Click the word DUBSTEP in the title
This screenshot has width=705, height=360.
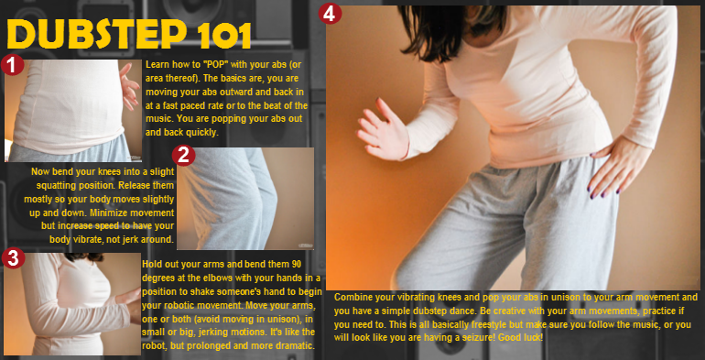(x=97, y=34)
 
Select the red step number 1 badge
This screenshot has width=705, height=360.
(x=12, y=65)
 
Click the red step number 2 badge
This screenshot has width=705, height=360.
(x=183, y=155)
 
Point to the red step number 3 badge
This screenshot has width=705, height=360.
(x=13, y=258)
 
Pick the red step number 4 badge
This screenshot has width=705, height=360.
(x=330, y=14)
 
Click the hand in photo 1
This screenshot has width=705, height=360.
(x=129, y=86)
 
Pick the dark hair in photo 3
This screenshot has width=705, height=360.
(x=84, y=257)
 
